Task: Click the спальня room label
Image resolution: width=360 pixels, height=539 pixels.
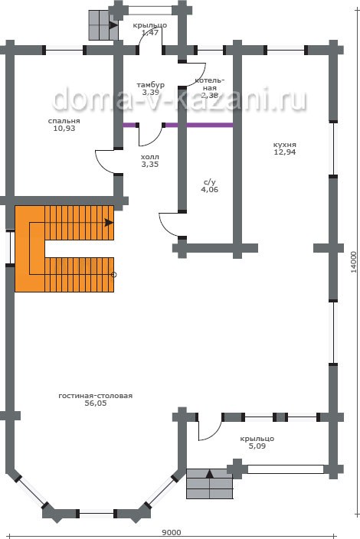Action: coord(64,121)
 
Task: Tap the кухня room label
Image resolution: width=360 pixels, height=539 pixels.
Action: coord(284,145)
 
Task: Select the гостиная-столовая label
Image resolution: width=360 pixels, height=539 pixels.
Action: coord(95,396)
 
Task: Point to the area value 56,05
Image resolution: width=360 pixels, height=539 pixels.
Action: coord(96,403)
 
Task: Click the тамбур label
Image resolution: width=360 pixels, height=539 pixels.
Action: coord(151,84)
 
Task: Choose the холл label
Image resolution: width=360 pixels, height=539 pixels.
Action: coord(150,157)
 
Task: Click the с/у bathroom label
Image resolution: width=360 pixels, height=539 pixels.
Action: coord(209,182)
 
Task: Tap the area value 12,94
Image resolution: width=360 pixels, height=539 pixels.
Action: coord(284,152)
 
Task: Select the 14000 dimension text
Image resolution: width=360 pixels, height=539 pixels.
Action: coord(354,262)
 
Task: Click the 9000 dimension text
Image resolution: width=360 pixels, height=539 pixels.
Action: coord(172,532)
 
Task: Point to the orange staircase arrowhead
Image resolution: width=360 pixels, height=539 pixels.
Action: coord(109,222)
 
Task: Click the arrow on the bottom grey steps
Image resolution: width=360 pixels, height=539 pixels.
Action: coord(209,475)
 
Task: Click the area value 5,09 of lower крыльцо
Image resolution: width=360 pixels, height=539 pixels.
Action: coord(257,446)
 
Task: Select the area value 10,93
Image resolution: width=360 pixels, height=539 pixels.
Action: coord(64,129)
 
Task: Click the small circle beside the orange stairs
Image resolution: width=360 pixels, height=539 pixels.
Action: coord(114,275)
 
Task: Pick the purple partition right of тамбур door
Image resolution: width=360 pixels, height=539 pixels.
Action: coord(198,125)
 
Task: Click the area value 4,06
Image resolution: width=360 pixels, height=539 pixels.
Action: coord(209,189)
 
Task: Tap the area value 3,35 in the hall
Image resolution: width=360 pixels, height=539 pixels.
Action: coord(150,165)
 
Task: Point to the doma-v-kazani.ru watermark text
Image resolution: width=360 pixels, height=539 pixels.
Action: coord(178,100)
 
